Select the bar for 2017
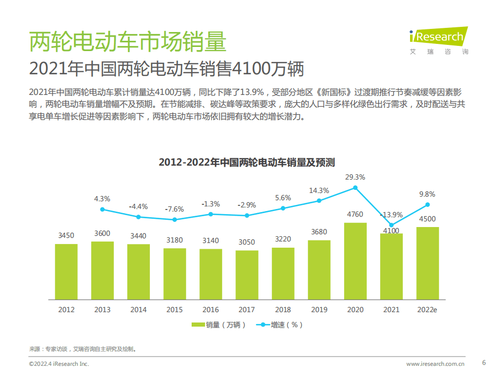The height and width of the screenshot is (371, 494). [x=247, y=275]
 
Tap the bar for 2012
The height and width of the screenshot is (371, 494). [x=66, y=271]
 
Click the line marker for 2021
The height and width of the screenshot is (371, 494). [x=391, y=225]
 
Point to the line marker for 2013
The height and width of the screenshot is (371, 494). [x=103, y=209]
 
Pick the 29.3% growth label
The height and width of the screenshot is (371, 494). [x=355, y=177]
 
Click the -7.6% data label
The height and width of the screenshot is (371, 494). [x=174, y=209]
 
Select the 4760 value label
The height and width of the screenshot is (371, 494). [x=355, y=214]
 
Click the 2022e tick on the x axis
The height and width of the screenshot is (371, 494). [x=427, y=310]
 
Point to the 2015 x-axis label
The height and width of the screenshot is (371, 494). [x=174, y=310]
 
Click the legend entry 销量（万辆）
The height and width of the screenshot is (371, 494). [x=218, y=325]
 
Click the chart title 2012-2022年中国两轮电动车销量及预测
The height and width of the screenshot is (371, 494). [x=247, y=163]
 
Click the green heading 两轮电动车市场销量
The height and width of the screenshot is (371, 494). [x=127, y=42]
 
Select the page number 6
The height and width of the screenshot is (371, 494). [x=483, y=362]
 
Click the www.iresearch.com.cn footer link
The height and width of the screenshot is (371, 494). [x=435, y=364]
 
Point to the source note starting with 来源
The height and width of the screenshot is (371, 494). [x=83, y=349]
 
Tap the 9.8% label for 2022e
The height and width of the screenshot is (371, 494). [x=427, y=194]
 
